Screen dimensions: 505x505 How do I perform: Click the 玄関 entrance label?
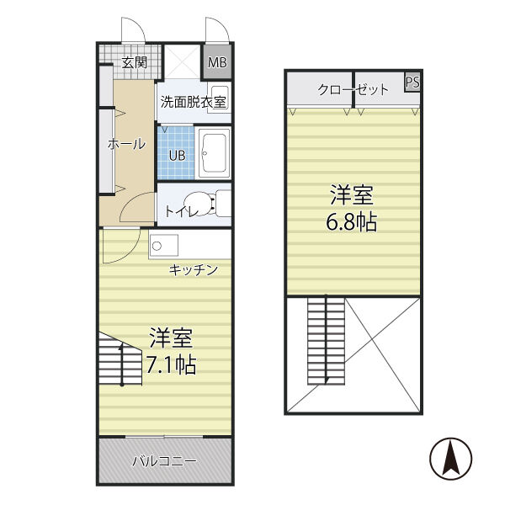click(x=134, y=62)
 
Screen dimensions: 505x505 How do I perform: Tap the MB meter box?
click(x=217, y=61)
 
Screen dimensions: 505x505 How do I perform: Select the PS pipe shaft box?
click(x=412, y=82)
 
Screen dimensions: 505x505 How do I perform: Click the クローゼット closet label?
click(x=353, y=89)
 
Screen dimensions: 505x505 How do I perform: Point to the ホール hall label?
click(x=126, y=144)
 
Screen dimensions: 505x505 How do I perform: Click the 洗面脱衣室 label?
click(x=193, y=103)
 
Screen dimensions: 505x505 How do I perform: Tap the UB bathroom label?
click(x=178, y=155)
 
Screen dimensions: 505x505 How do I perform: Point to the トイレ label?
click(x=182, y=211)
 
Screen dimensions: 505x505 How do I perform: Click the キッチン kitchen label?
click(x=194, y=269)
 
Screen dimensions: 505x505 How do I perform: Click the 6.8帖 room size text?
click(x=352, y=223)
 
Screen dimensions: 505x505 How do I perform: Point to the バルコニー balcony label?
click(x=165, y=461)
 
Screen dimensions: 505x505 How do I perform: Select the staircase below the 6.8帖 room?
click(x=326, y=338)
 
